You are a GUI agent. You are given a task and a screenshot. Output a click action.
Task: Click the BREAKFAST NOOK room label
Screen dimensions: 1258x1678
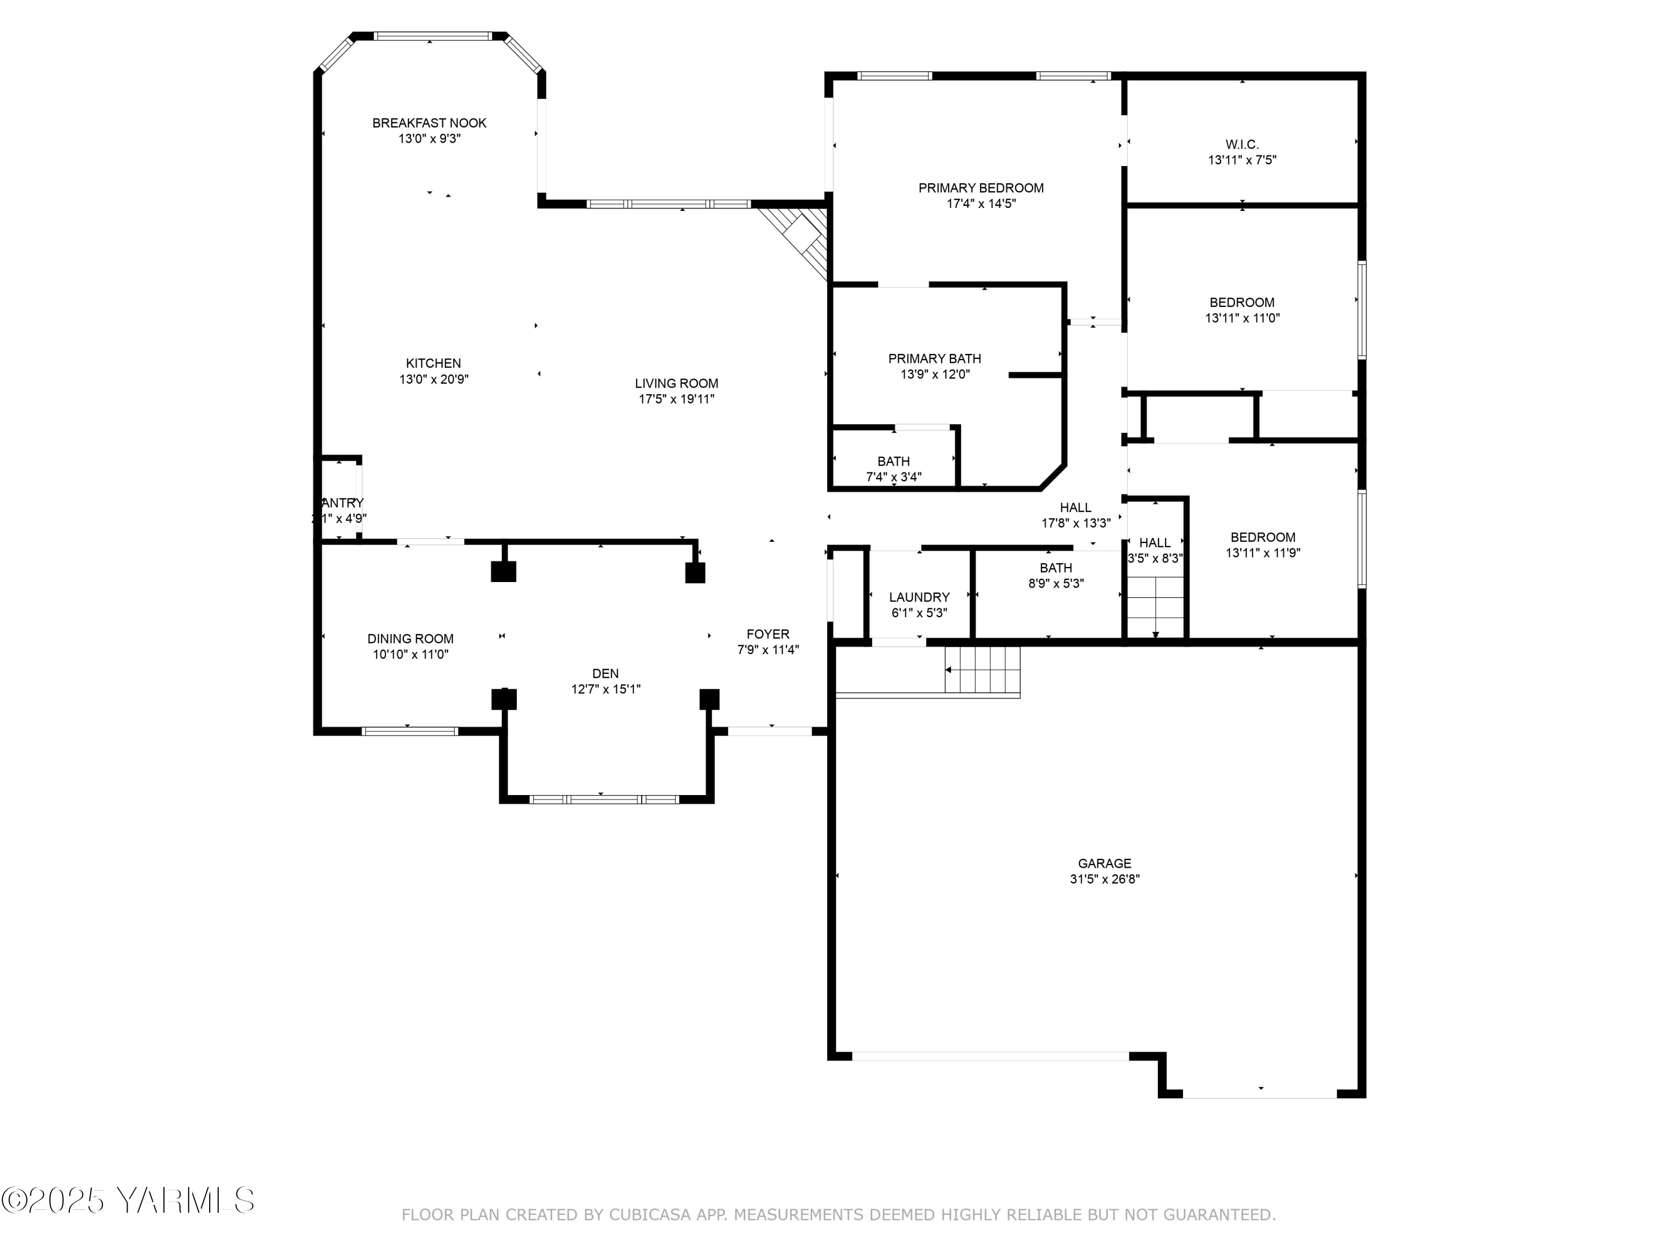(430, 123)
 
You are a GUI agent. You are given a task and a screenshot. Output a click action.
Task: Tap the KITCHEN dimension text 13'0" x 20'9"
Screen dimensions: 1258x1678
(434, 379)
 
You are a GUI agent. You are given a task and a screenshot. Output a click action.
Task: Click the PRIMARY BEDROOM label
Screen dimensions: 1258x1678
(981, 188)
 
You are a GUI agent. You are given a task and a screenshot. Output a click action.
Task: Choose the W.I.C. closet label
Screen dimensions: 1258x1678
(1242, 144)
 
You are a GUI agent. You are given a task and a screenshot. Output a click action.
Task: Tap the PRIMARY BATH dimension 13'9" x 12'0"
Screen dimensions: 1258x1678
(935, 375)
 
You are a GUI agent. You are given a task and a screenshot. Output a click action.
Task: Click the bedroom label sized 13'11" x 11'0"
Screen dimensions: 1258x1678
(1242, 302)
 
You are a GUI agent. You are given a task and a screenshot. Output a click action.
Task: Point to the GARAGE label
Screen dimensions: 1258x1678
(1105, 863)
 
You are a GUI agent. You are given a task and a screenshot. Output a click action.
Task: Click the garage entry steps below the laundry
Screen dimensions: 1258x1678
(982, 670)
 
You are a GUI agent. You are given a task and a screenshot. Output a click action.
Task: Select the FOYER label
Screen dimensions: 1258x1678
(768, 634)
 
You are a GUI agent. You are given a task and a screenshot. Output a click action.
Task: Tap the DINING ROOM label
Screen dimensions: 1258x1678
(411, 639)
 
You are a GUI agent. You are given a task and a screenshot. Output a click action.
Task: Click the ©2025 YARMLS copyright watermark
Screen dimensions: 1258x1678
(128, 1200)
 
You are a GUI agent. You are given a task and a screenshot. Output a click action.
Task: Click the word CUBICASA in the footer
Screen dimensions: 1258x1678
(649, 1216)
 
